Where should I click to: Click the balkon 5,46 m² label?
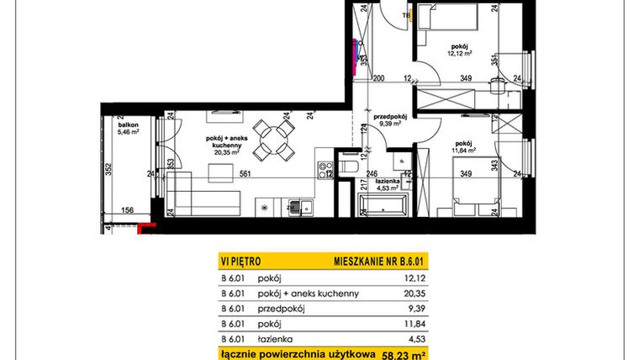[x=128, y=129]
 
